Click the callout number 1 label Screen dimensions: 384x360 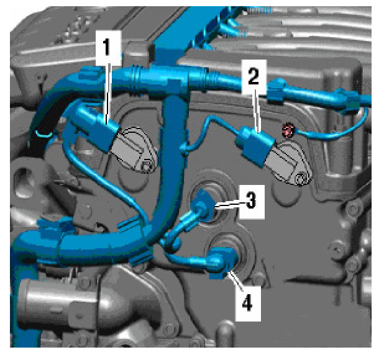pos(106,47)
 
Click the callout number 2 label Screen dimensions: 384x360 pos(254,76)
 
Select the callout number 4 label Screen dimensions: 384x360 pos(247,303)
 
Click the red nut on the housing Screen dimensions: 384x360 pos(288,130)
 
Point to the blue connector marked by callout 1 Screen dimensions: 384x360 pos(97,129)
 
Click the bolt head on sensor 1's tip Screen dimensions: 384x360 pos(147,166)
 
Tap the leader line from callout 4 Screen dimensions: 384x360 pos(235,281)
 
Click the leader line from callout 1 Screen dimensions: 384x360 pos(107,94)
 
